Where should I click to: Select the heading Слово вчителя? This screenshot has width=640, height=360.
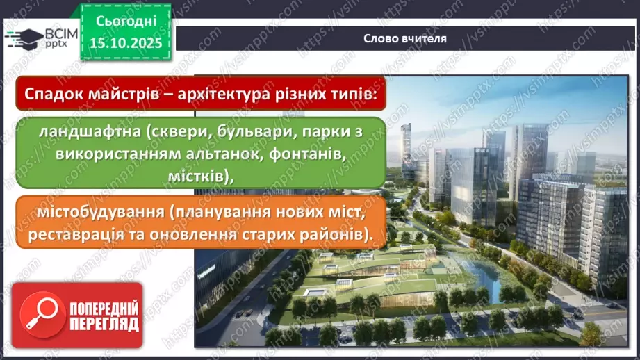click(x=405, y=39)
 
